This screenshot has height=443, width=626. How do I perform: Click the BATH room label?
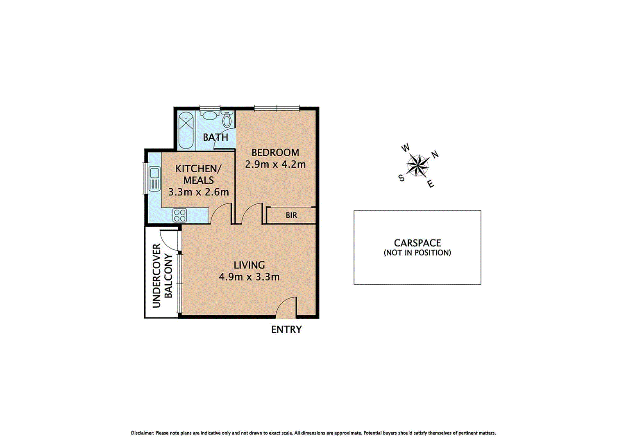tap(215, 137)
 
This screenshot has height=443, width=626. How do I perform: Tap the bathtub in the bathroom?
tap(186, 131)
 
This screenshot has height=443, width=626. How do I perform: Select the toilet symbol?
tap(227, 119)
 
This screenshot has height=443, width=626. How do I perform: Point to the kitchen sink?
tap(154, 179)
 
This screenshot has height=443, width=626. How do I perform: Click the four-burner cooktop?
tap(180, 215)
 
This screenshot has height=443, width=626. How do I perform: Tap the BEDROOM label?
tap(275, 153)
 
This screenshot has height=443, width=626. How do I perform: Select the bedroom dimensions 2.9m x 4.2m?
tap(275, 164)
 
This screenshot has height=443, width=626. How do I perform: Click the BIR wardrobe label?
tap(291, 215)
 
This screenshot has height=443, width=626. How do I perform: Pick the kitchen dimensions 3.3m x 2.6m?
tap(199, 192)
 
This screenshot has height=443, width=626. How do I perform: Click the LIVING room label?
tap(249, 265)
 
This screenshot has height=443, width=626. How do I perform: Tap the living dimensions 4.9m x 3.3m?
tap(249, 277)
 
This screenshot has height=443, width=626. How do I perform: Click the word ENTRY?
tap(286, 330)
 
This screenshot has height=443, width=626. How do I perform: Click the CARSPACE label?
tap(417, 243)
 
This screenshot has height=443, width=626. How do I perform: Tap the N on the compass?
tap(435, 154)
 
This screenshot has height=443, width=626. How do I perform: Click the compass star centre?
tap(418, 166)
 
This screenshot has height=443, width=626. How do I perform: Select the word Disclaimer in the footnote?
tap(142, 433)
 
